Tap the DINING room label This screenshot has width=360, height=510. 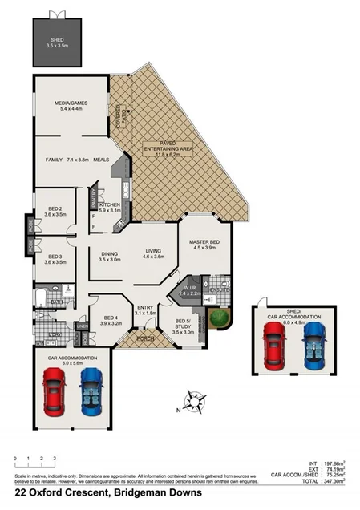[109, 256]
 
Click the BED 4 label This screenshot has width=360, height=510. [111, 320]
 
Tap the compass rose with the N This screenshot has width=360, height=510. [193, 400]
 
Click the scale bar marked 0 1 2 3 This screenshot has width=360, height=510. [34, 463]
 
